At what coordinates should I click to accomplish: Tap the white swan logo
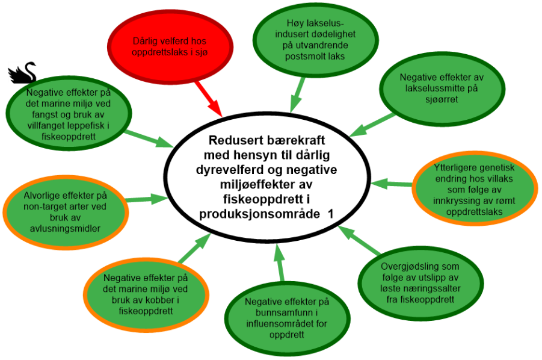[x=22, y=72]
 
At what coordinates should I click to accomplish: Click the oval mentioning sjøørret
[x=441, y=88]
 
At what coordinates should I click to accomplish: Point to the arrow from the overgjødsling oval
[x=359, y=241]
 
